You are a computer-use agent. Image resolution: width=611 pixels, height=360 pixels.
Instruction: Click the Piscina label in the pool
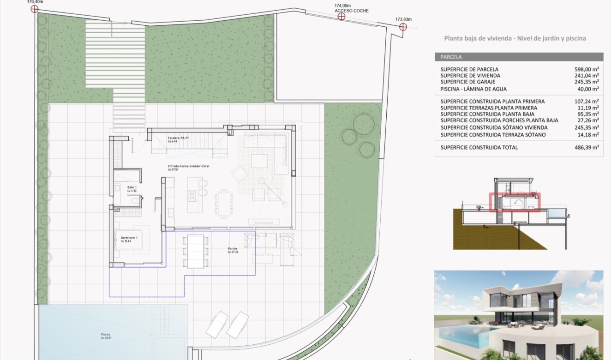point(105,335)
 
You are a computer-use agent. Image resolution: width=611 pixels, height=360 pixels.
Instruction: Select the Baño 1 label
point(132,187)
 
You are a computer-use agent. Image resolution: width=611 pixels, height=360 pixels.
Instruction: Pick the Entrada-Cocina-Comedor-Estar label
point(188,166)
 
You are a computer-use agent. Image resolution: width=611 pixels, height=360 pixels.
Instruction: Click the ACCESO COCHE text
point(351,11)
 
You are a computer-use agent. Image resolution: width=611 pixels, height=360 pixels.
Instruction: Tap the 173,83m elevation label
point(403,19)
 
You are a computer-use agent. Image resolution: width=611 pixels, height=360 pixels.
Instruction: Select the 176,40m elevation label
point(35,1)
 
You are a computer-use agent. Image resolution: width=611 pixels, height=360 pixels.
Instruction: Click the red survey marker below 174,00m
point(341,17)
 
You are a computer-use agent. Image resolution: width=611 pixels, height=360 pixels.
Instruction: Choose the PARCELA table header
point(451,57)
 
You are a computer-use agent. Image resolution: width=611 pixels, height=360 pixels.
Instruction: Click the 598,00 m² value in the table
point(586,69)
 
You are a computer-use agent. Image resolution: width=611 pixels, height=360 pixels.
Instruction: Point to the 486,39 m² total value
point(586,147)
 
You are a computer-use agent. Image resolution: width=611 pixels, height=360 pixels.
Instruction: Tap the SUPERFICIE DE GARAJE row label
point(468,82)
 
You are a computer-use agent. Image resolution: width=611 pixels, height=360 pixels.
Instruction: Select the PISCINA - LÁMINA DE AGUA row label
point(473,89)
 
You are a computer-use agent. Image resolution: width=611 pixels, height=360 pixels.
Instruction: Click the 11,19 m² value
point(587,108)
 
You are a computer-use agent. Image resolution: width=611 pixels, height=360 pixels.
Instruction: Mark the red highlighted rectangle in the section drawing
point(515,202)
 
